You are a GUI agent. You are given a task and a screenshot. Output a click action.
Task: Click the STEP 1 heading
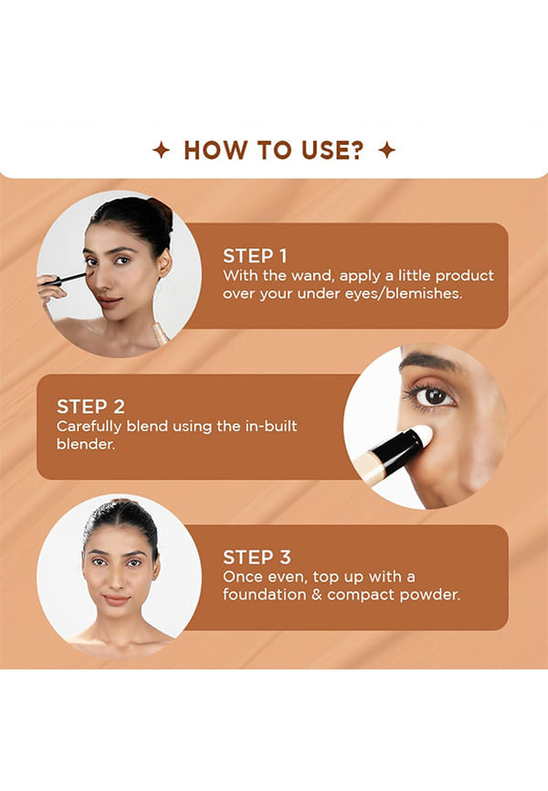(255, 257)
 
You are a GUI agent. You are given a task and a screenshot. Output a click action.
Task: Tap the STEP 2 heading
(90, 406)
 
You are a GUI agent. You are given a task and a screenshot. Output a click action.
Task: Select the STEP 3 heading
(257, 557)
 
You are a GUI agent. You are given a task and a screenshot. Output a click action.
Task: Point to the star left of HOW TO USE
(161, 151)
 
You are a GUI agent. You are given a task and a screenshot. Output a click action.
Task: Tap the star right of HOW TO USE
(387, 151)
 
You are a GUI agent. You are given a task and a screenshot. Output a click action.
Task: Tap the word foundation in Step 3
(265, 595)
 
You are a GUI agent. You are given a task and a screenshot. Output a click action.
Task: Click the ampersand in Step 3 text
(316, 595)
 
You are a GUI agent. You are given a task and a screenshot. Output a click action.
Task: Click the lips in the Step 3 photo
(116, 599)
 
